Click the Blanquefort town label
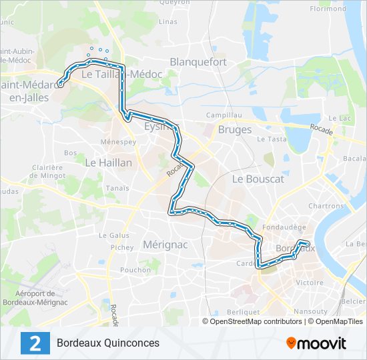(198, 62)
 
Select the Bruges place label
(235, 129)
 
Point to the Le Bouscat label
(258, 179)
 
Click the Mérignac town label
(165, 245)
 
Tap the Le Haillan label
(108, 162)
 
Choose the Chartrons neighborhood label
(325, 207)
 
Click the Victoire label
(309, 283)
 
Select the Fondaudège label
(280, 227)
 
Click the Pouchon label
(135, 270)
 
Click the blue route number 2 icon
(35, 343)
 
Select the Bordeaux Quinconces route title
(108, 343)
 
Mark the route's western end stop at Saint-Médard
(60, 84)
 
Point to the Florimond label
(328, 9)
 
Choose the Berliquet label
(242, 312)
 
